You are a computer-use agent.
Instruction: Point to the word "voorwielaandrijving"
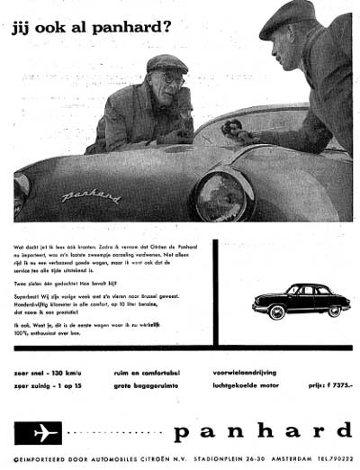click(256, 369)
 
